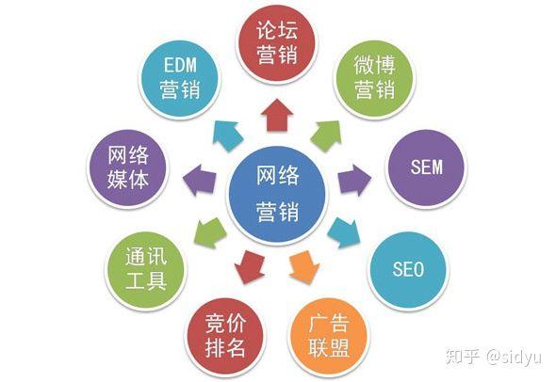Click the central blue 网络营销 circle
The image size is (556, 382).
coord(277,196)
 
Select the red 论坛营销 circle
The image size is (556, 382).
coord(277,43)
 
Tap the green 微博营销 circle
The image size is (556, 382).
coord(374,79)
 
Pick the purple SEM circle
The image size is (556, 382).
coord(426,168)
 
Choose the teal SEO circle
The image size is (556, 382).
coord(408,270)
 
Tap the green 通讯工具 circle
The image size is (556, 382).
coord(146,270)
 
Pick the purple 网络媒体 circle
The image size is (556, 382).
coord(128,168)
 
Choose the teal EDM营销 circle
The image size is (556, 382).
coord(180,79)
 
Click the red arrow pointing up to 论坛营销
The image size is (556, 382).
coord(277,115)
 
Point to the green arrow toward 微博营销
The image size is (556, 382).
coord(327,135)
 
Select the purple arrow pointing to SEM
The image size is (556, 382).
coord(354,180)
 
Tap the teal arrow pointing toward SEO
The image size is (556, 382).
coord(344,232)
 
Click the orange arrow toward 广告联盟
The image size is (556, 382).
coord(304,266)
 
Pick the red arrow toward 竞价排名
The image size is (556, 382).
coord(250,266)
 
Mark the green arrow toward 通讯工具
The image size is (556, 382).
coord(210,232)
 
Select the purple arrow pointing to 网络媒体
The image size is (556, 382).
coord(199,180)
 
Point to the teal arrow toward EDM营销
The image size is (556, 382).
coord(228,135)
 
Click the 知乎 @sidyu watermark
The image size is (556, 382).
coord(494,356)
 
